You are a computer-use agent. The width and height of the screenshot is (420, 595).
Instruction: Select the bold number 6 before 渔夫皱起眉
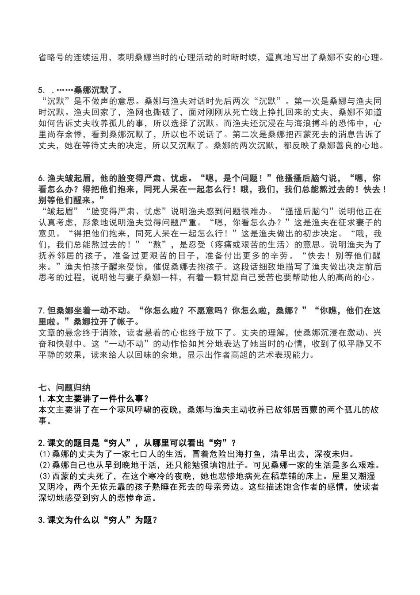[41, 178]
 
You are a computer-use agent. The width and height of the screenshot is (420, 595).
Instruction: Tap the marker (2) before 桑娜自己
[45, 465]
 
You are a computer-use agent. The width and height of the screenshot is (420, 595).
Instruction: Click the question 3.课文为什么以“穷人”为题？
[98, 520]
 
